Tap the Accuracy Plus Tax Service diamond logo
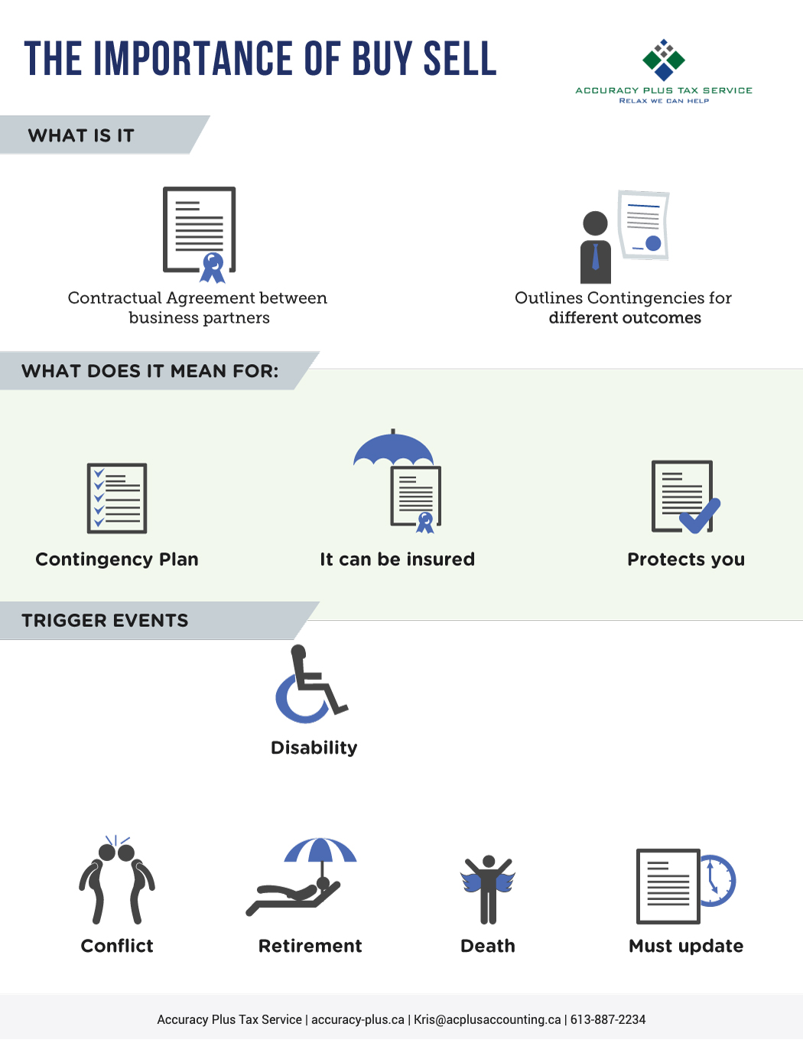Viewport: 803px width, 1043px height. tap(664, 60)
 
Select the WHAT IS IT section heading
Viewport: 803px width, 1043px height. tap(81, 136)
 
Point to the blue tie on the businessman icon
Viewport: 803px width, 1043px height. tap(596, 256)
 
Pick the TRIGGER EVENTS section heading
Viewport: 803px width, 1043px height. tap(105, 621)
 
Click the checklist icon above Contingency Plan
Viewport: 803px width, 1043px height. tap(117, 499)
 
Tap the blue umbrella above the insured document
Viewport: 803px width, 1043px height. tap(394, 447)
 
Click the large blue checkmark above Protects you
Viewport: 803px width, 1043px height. tap(700, 516)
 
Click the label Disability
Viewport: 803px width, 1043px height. tap(314, 748)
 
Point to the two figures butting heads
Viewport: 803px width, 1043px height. tap(117, 880)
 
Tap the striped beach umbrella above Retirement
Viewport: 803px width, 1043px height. tap(320, 851)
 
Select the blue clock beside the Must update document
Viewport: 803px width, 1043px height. tap(717, 881)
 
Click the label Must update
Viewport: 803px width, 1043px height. tap(686, 946)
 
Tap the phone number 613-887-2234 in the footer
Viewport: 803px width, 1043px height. tap(608, 1019)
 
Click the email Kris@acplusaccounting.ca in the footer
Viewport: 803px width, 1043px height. tap(487, 1019)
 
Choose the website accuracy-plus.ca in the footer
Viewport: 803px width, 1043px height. tap(358, 1020)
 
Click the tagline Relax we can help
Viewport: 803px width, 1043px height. tap(664, 100)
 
